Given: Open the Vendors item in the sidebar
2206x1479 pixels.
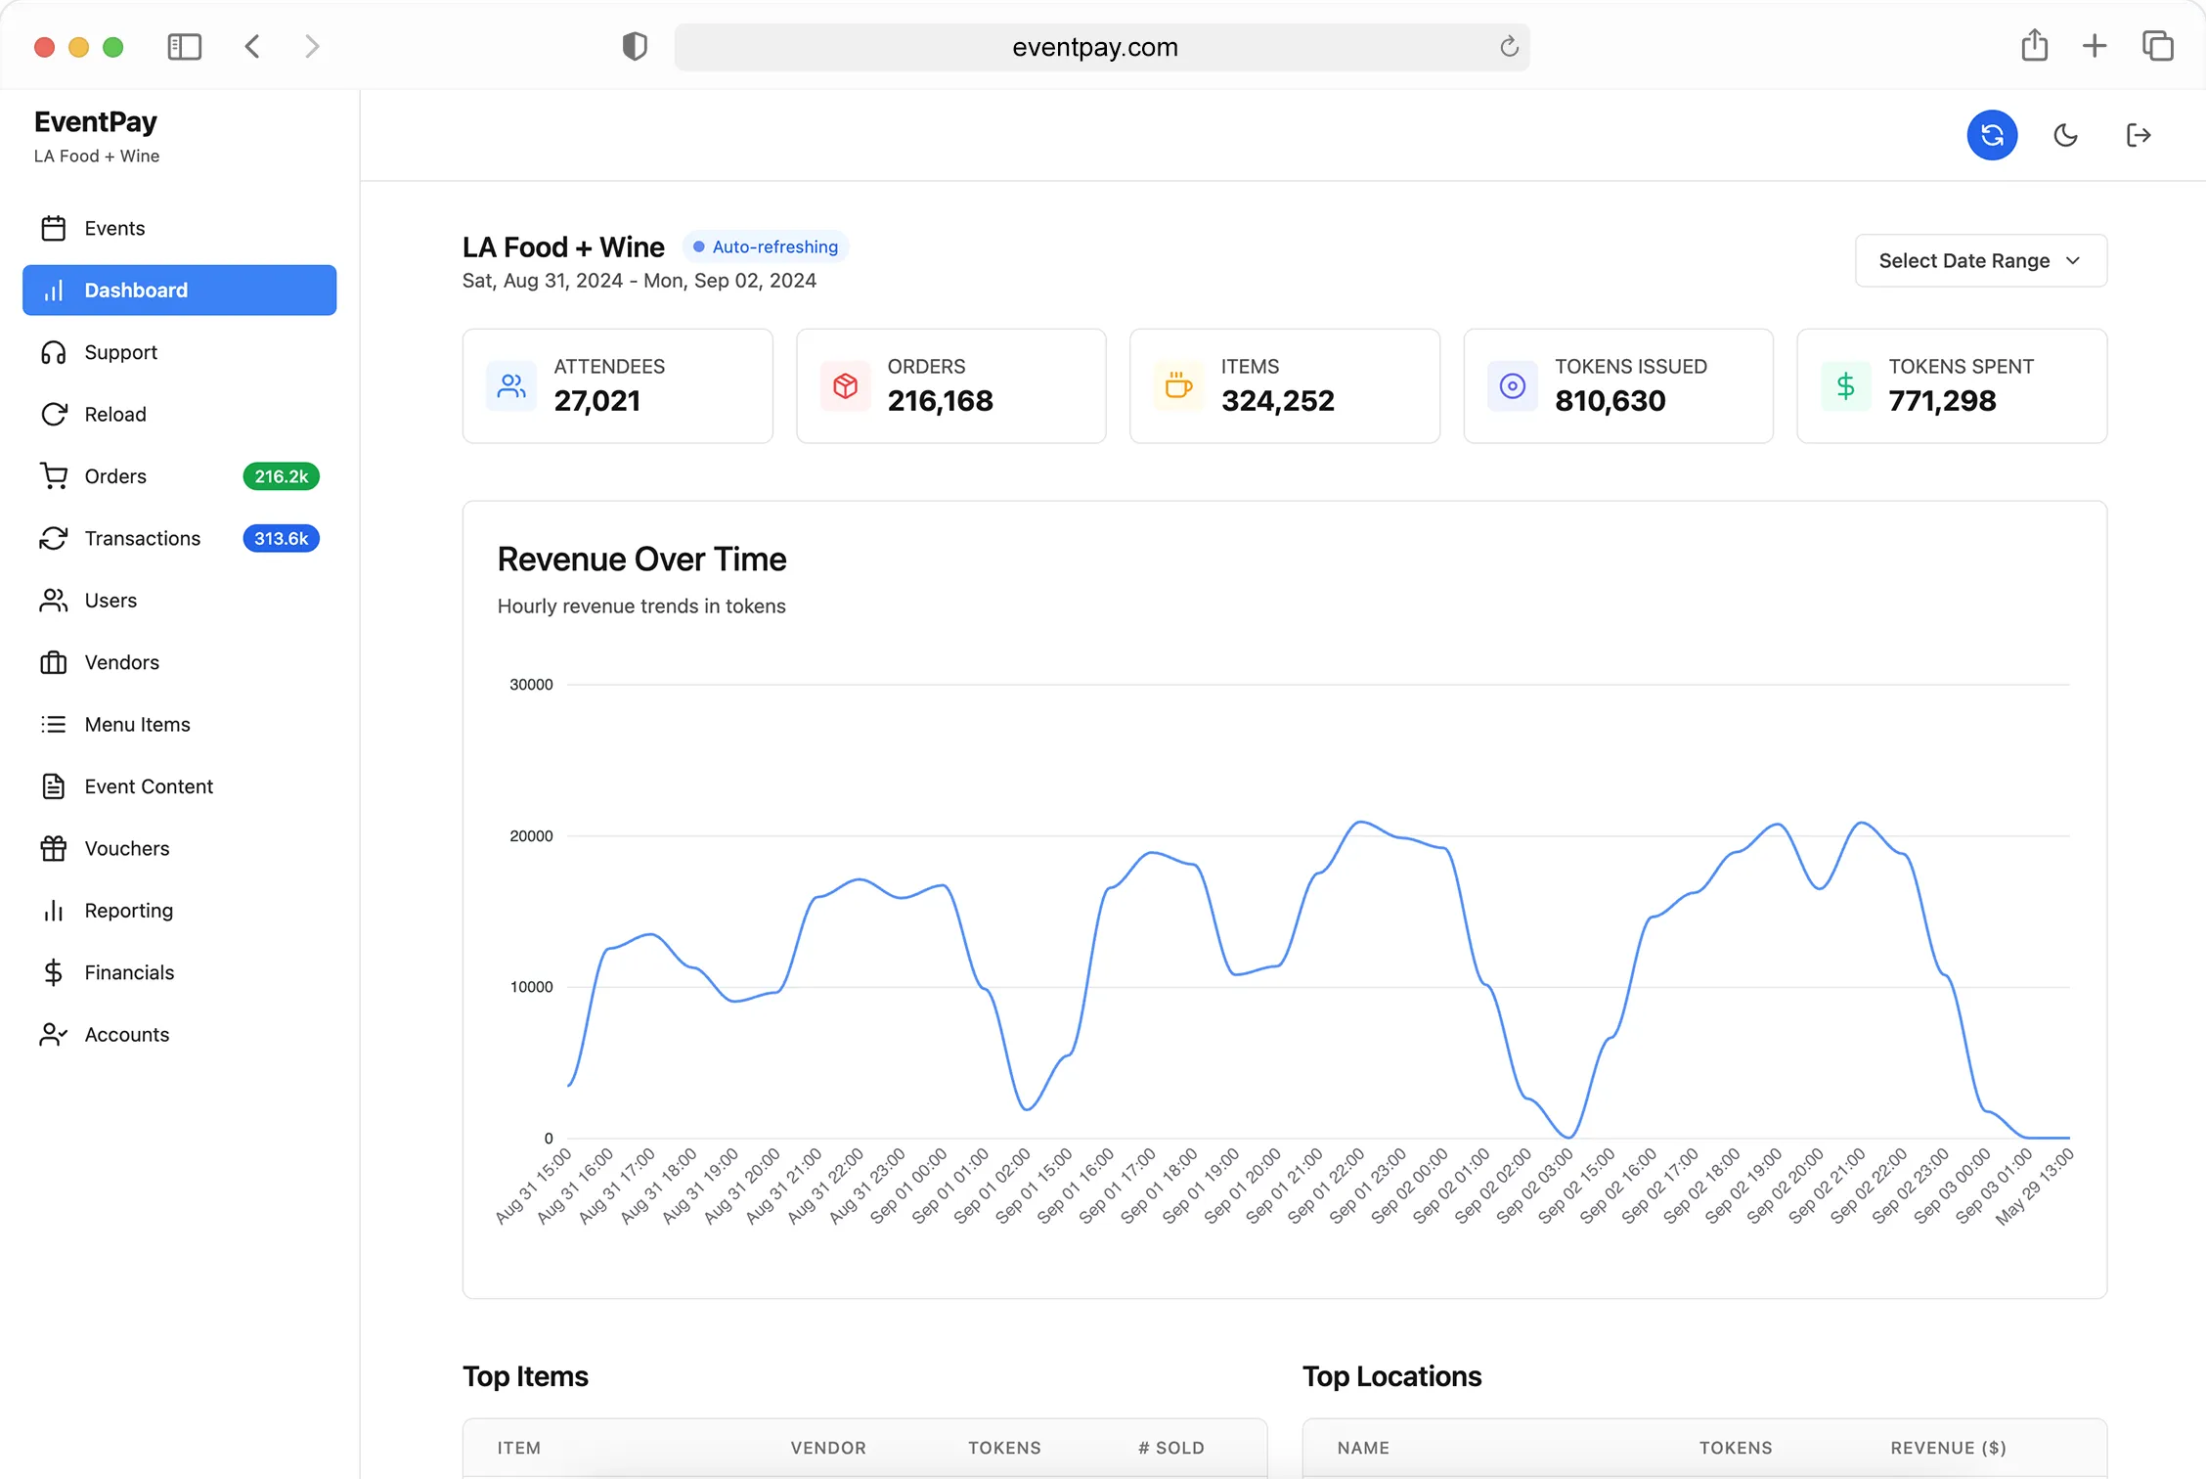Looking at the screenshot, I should point(121,662).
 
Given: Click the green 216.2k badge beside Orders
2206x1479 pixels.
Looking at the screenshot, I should point(281,476).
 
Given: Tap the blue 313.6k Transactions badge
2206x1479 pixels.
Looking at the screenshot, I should point(281,538).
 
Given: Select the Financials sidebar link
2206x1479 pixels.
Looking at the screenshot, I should point(129,972).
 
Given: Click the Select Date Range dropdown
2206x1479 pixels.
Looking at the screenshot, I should point(1980,260).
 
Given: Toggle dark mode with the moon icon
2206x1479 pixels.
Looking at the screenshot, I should point(2065,135).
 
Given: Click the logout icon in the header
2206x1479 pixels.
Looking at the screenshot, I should point(2139,135).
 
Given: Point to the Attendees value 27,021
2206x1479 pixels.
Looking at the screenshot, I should point(596,401).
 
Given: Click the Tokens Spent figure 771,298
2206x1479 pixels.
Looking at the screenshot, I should point(1942,401).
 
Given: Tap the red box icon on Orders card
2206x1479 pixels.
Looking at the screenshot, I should point(845,385).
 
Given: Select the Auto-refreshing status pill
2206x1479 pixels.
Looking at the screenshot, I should point(766,246).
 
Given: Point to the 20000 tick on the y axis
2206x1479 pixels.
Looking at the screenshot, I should point(531,836).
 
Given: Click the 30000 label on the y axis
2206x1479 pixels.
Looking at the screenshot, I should point(531,685).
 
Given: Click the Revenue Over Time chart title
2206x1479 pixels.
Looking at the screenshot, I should point(641,560).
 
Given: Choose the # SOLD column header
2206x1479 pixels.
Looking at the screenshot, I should point(1170,1448).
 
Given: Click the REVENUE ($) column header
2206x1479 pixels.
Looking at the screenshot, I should point(1948,1448).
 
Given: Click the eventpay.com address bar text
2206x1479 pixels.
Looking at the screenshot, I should point(1094,47).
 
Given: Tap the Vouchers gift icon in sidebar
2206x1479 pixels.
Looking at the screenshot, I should point(54,848).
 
